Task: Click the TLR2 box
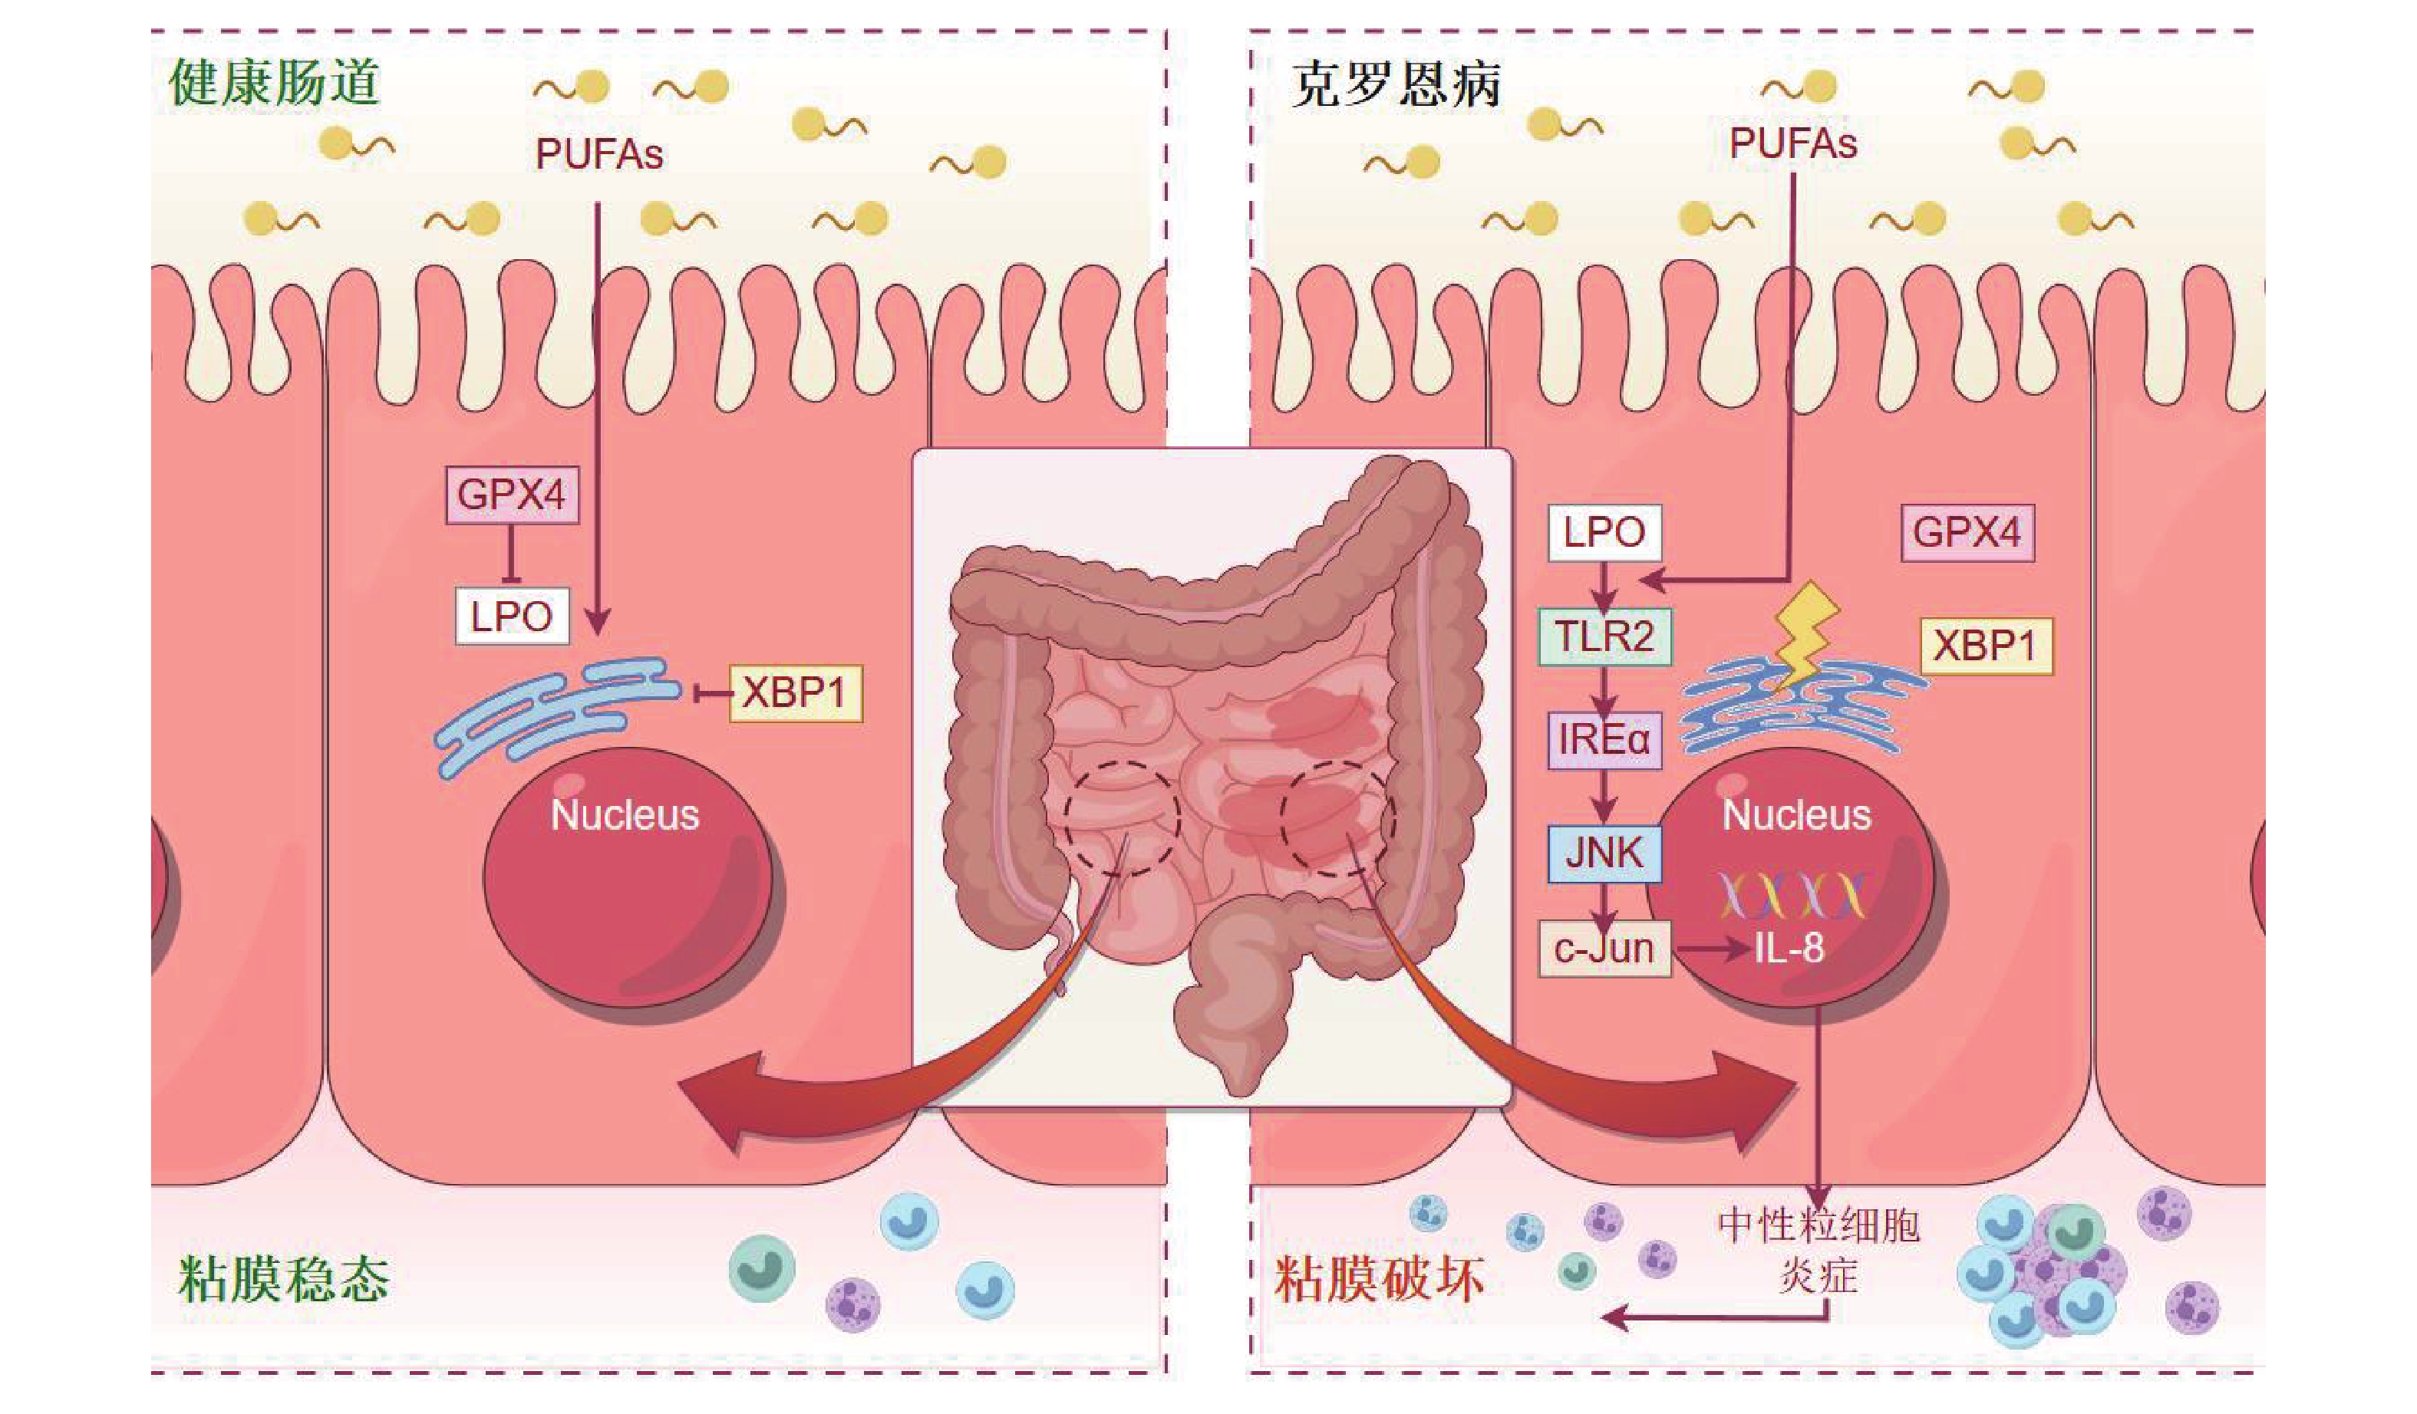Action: tap(1604, 636)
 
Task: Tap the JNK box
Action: tap(1604, 852)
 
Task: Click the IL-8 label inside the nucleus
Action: tap(1789, 949)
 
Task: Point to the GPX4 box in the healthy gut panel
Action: tap(513, 495)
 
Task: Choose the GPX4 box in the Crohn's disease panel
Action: tap(1967, 533)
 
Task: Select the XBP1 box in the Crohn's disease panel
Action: tap(1986, 646)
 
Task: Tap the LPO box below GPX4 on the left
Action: tap(511, 617)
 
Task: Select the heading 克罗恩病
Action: tap(1396, 84)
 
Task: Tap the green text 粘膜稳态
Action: tap(284, 1280)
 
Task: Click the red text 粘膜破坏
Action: tap(1380, 1280)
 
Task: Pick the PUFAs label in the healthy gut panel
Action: tap(598, 154)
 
